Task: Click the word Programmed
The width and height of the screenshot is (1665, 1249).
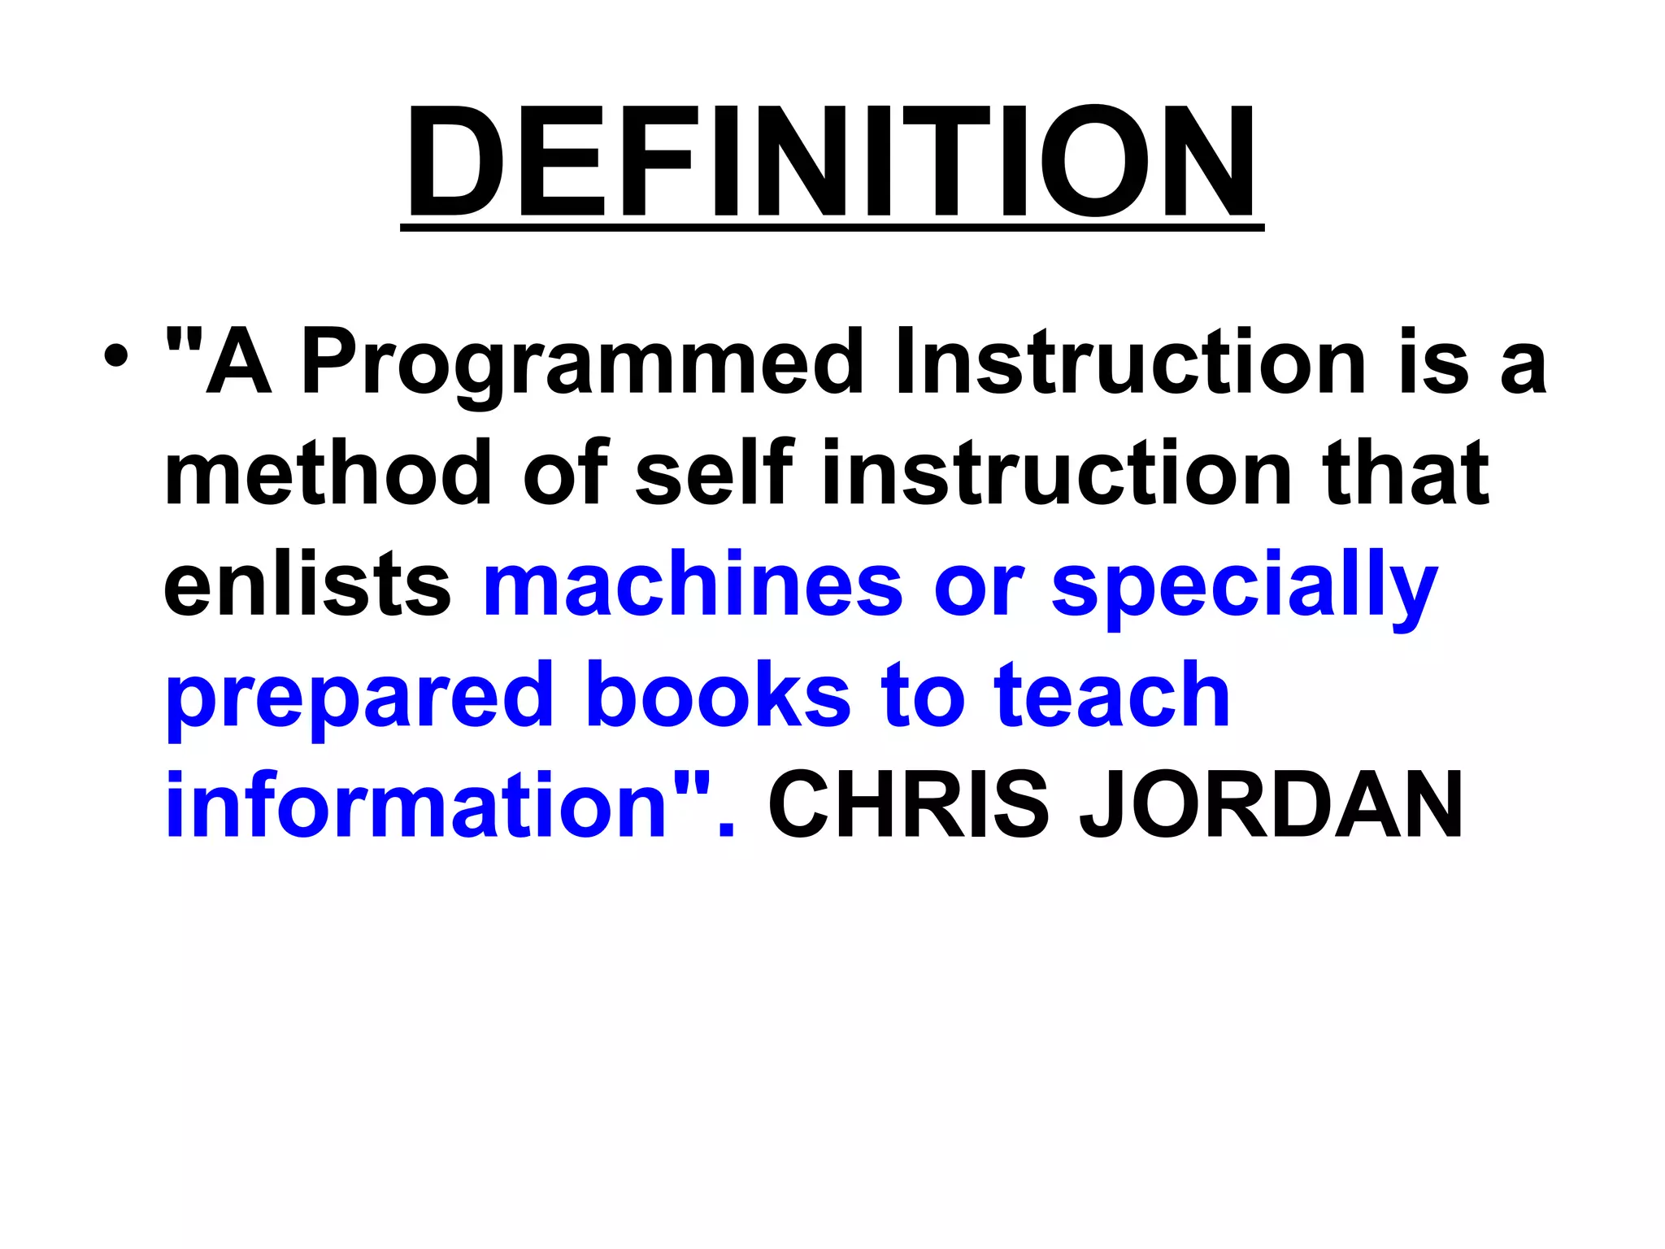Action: (581, 363)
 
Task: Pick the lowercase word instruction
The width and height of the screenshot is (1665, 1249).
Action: (1057, 472)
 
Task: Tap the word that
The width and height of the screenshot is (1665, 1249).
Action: (1406, 472)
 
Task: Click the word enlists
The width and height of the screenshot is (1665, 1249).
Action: (307, 584)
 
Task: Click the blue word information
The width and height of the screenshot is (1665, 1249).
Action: (415, 805)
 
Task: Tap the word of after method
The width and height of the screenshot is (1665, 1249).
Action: (566, 472)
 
